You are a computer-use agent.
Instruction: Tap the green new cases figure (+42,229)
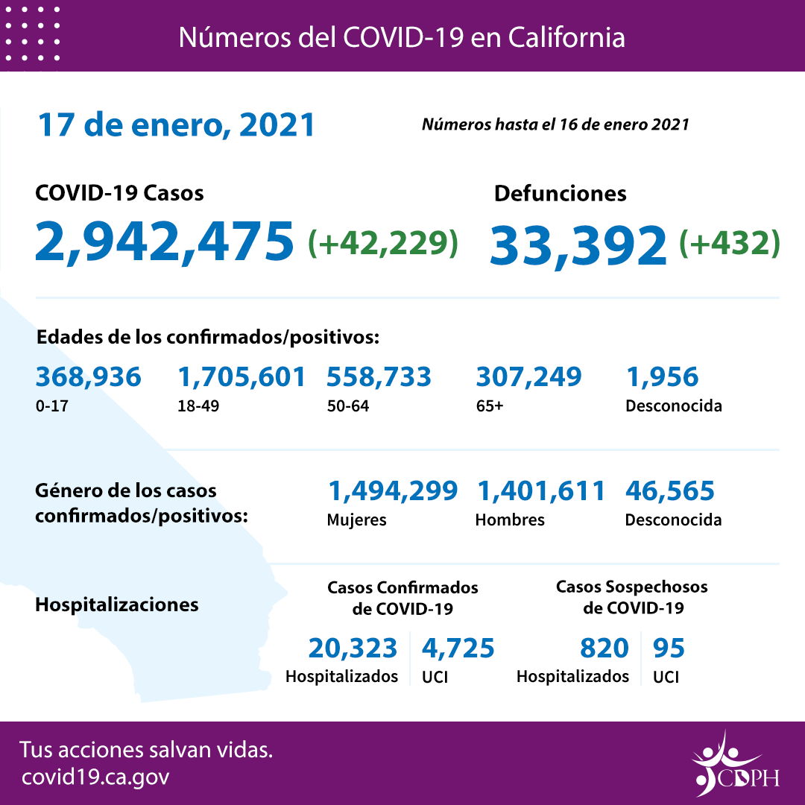click(x=383, y=242)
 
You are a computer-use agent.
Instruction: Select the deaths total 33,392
click(x=578, y=244)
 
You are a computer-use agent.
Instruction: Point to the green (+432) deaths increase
click(x=730, y=243)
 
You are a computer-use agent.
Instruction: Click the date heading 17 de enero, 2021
click(x=177, y=125)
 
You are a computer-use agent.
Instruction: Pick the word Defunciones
click(x=560, y=194)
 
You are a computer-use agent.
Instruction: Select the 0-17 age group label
click(x=50, y=407)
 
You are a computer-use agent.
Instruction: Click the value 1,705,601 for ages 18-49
click(x=241, y=377)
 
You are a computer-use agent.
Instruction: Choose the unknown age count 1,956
click(x=662, y=377)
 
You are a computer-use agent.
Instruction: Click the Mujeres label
click(x=356, y=520)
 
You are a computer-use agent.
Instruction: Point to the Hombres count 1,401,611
click(x=540, y=491)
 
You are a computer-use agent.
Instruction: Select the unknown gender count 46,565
click(x=669, y=491)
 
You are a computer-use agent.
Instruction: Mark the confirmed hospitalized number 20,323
click(x=353, y=648)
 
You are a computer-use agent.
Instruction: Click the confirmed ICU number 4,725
click(x=458, y=648)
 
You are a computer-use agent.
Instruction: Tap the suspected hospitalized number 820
click(x=604, y=648)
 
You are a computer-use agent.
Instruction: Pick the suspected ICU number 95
click(x=668, y=648)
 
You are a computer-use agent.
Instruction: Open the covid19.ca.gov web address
click(x=95, y=777)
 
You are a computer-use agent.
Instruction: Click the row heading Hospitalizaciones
click(x=117, y=604)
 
